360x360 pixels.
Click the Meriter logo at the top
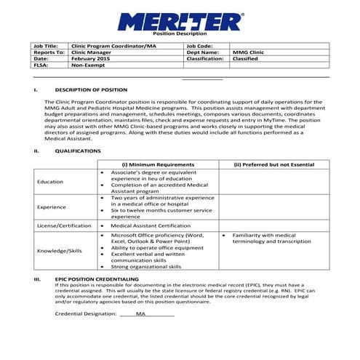(x=180, y=20)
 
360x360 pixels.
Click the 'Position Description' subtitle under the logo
(x=180, y=35)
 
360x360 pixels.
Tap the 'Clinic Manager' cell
(x=91, y=52)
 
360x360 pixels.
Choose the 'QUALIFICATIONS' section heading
(x=78, y=151)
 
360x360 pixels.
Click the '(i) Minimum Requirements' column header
(x=158, y=165)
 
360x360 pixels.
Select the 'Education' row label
(x=50, y=181)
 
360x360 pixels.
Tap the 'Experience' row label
(x=52, y=207)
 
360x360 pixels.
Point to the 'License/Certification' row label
(x=63, y=225)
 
